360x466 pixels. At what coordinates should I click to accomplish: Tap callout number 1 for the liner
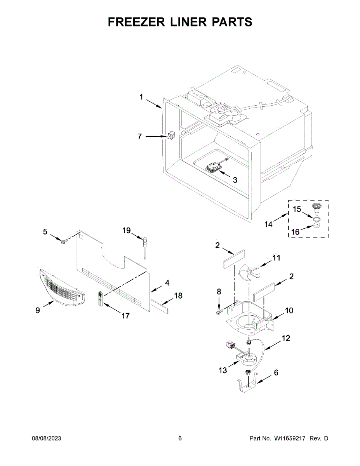click(x=142, y=97)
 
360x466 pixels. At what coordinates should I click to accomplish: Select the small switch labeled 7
click(x=171, y=136)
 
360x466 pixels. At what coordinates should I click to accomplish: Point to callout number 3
click(x=235, y=180)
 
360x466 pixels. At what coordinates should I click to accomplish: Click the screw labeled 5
click(x=63, y=242)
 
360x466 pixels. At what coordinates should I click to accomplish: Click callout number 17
click(x=125, y=316)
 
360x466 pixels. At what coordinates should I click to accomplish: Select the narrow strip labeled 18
click(x=159, y=306)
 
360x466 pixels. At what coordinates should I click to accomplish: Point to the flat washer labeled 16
click(x=317, y=226)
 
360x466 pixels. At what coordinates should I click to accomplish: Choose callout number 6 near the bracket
click(x=276, y=372)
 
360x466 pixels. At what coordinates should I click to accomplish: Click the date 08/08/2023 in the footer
click(x=46, y=438)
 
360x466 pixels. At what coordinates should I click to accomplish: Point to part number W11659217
click(x=291, y=438)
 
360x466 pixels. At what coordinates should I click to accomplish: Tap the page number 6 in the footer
click(x=180, y=438)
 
